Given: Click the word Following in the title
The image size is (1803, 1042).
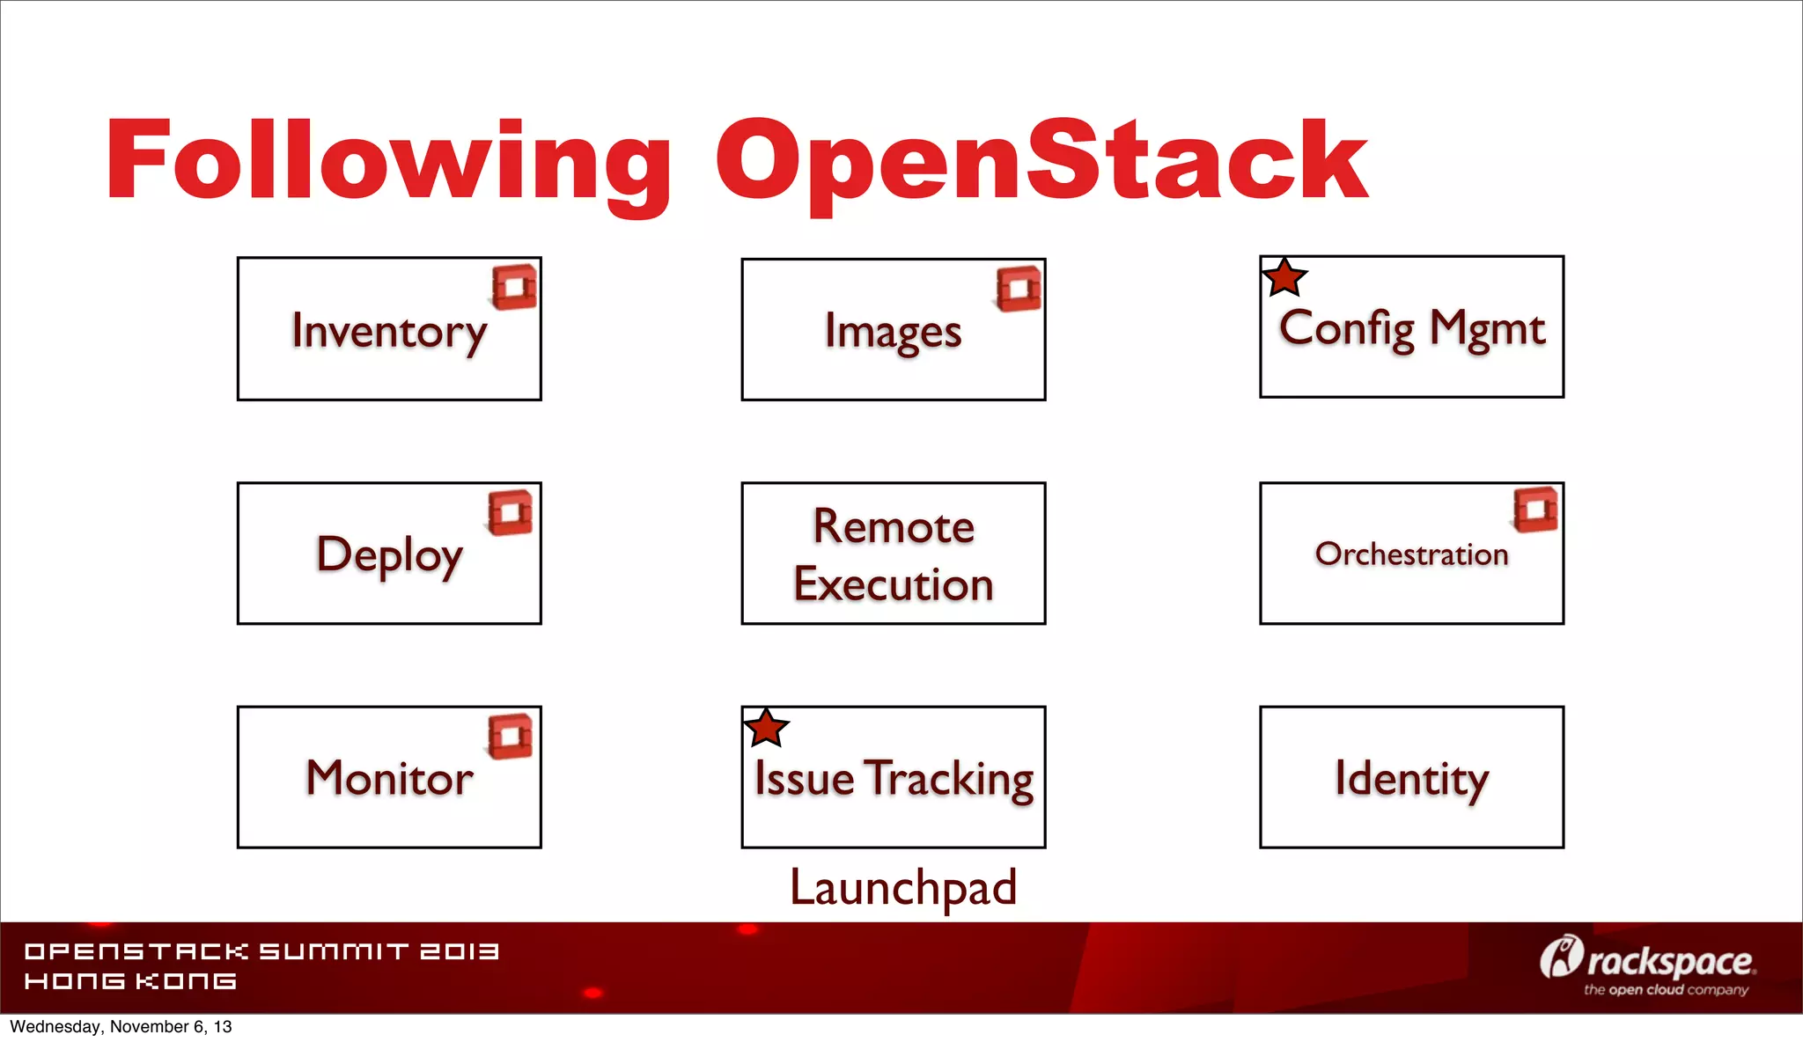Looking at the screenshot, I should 387,163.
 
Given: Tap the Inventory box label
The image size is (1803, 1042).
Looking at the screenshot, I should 389,332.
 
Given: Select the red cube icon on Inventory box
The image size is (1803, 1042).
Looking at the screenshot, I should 515,287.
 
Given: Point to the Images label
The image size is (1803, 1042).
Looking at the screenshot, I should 893,333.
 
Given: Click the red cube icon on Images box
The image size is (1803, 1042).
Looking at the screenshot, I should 1019,289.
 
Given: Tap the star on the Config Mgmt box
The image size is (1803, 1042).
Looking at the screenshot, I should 1284,278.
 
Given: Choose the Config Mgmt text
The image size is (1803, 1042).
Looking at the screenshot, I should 1412,329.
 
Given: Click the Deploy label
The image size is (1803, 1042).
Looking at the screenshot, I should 389,555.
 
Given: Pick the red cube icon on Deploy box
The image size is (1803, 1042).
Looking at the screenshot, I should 511,512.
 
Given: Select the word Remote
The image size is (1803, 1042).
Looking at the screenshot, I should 894,526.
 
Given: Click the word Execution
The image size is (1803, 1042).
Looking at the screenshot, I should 894,584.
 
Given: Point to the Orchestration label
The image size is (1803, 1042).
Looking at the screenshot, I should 1411,554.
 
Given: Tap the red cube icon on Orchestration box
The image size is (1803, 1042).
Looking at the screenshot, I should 1536,510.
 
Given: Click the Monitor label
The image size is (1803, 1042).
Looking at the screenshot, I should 389,779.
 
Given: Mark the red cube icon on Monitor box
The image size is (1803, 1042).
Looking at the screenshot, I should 511,736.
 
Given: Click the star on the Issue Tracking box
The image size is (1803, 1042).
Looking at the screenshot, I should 766,729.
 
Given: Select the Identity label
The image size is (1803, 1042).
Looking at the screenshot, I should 1411,779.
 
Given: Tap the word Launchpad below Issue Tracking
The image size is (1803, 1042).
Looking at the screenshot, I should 903,887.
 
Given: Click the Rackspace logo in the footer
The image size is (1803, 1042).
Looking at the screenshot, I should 1648,965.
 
